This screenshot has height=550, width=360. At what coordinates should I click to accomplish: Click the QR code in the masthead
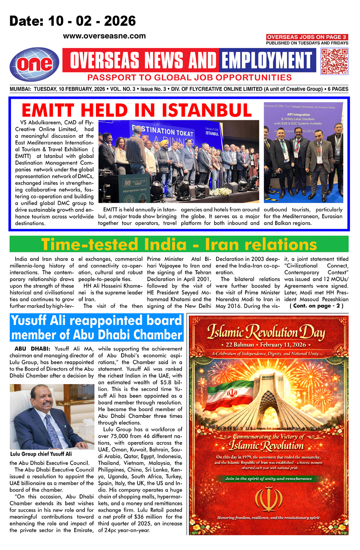[334, 61]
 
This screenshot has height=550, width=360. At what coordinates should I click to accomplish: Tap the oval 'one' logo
[34, 65]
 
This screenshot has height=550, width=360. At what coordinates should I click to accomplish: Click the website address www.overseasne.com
[104, 36]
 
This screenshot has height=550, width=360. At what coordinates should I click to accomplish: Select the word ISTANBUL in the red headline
[207, 111]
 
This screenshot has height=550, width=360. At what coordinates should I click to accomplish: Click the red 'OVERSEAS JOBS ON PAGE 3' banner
[307, 37]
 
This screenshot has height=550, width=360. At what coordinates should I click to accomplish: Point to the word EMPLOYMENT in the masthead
[267, 61]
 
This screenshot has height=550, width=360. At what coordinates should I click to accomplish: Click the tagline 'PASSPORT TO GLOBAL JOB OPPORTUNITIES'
[189, 78]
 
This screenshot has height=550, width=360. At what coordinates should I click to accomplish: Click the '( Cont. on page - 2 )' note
[316, 306]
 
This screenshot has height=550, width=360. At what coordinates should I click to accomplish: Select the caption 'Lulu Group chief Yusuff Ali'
[41, 454]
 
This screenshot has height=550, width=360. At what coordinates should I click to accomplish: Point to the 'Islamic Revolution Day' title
[266, 332]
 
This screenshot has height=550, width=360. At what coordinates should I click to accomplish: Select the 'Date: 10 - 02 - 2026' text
[73, 21]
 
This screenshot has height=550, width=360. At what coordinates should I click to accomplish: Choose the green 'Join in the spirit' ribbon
[268, 479]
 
